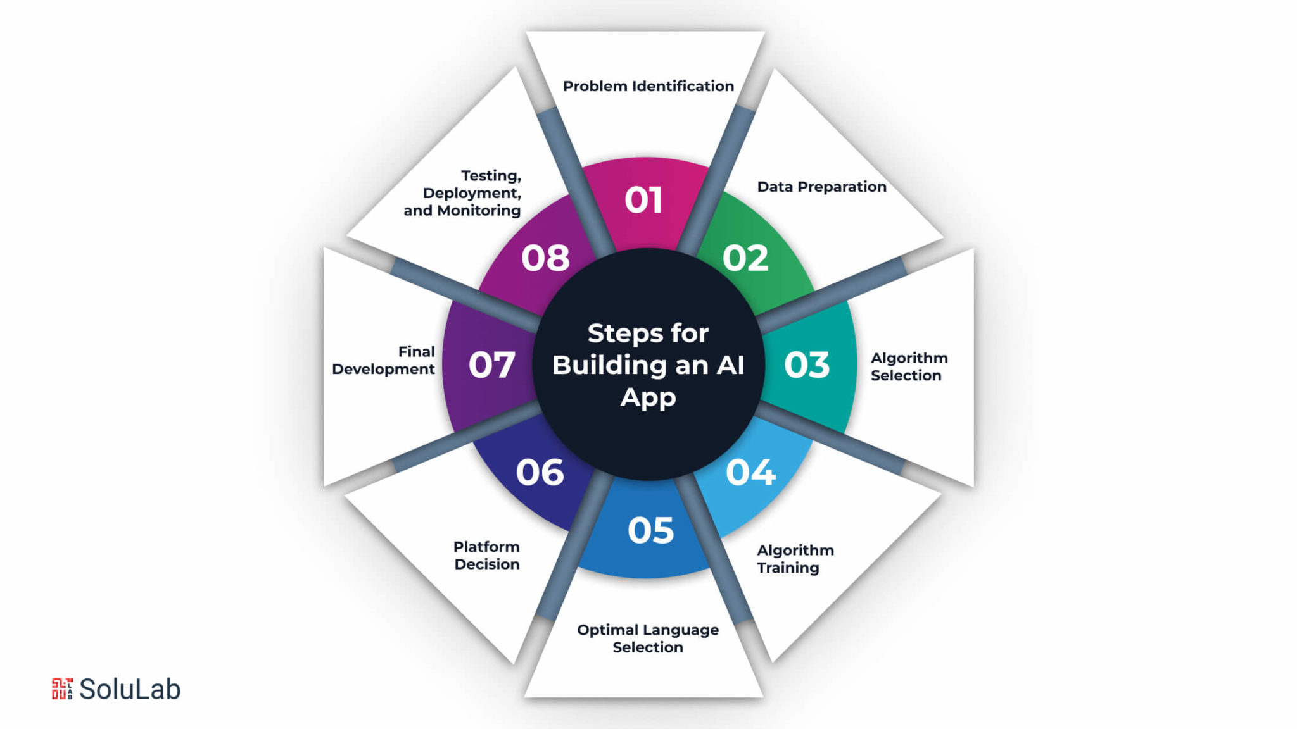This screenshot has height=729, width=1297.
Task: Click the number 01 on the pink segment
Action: [x=643, y=200]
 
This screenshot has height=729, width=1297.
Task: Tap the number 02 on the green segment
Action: [x=745, y=258]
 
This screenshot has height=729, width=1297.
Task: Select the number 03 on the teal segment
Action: [x=806, y=365]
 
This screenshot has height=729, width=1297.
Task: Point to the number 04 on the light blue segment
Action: [x=750, y=472]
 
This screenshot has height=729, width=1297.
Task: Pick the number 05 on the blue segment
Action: [x=650, y=530]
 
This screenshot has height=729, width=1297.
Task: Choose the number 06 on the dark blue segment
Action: [x=540, y=472]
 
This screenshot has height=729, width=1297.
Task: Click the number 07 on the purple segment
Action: [x=491, y=365]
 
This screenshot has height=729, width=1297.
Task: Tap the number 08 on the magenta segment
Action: [x=545, y=258]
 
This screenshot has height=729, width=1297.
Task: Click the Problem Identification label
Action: [x=648, y=86]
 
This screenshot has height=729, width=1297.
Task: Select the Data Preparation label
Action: [x=821, y=187]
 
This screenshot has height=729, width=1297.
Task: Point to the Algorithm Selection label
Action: [x=908, y=366]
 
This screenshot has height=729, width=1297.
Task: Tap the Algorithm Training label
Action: [x=795, y=559]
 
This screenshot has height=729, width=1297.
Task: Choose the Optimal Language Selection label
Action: [x=648, y=638]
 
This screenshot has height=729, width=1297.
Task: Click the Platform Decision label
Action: [x=486, y=555]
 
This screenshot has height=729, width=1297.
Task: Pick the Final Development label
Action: [x=384, y=360]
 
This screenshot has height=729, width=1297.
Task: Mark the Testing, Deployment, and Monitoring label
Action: [x=463, y=193]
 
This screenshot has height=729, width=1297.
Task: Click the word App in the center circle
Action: [x=648, y=398]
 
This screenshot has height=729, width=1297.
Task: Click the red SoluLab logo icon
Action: [x=62, y=688]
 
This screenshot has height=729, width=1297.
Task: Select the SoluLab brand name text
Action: [x=130, y=689]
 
